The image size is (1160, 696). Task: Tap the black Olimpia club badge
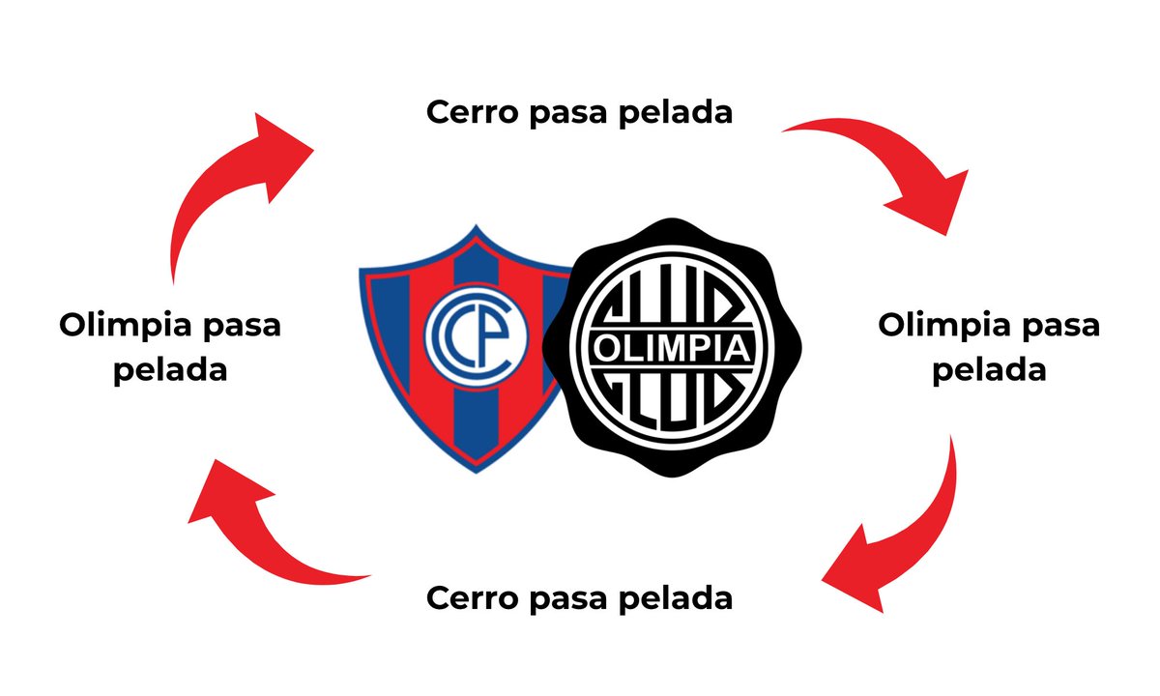(672, 347)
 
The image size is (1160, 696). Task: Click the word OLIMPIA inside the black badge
(672, 348)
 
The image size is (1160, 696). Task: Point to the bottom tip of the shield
(477, 473)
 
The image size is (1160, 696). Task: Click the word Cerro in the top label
(472, 112)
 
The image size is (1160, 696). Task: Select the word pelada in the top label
(676, 112)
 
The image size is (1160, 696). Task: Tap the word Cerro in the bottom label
(472, 598)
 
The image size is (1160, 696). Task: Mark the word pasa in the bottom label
(567, 599)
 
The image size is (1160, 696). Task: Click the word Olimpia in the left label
(126, 326)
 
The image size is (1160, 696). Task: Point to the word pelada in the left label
(170, 369)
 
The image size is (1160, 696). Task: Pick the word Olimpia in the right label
(944, 326)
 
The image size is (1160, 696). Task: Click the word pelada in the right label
(989, 369)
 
